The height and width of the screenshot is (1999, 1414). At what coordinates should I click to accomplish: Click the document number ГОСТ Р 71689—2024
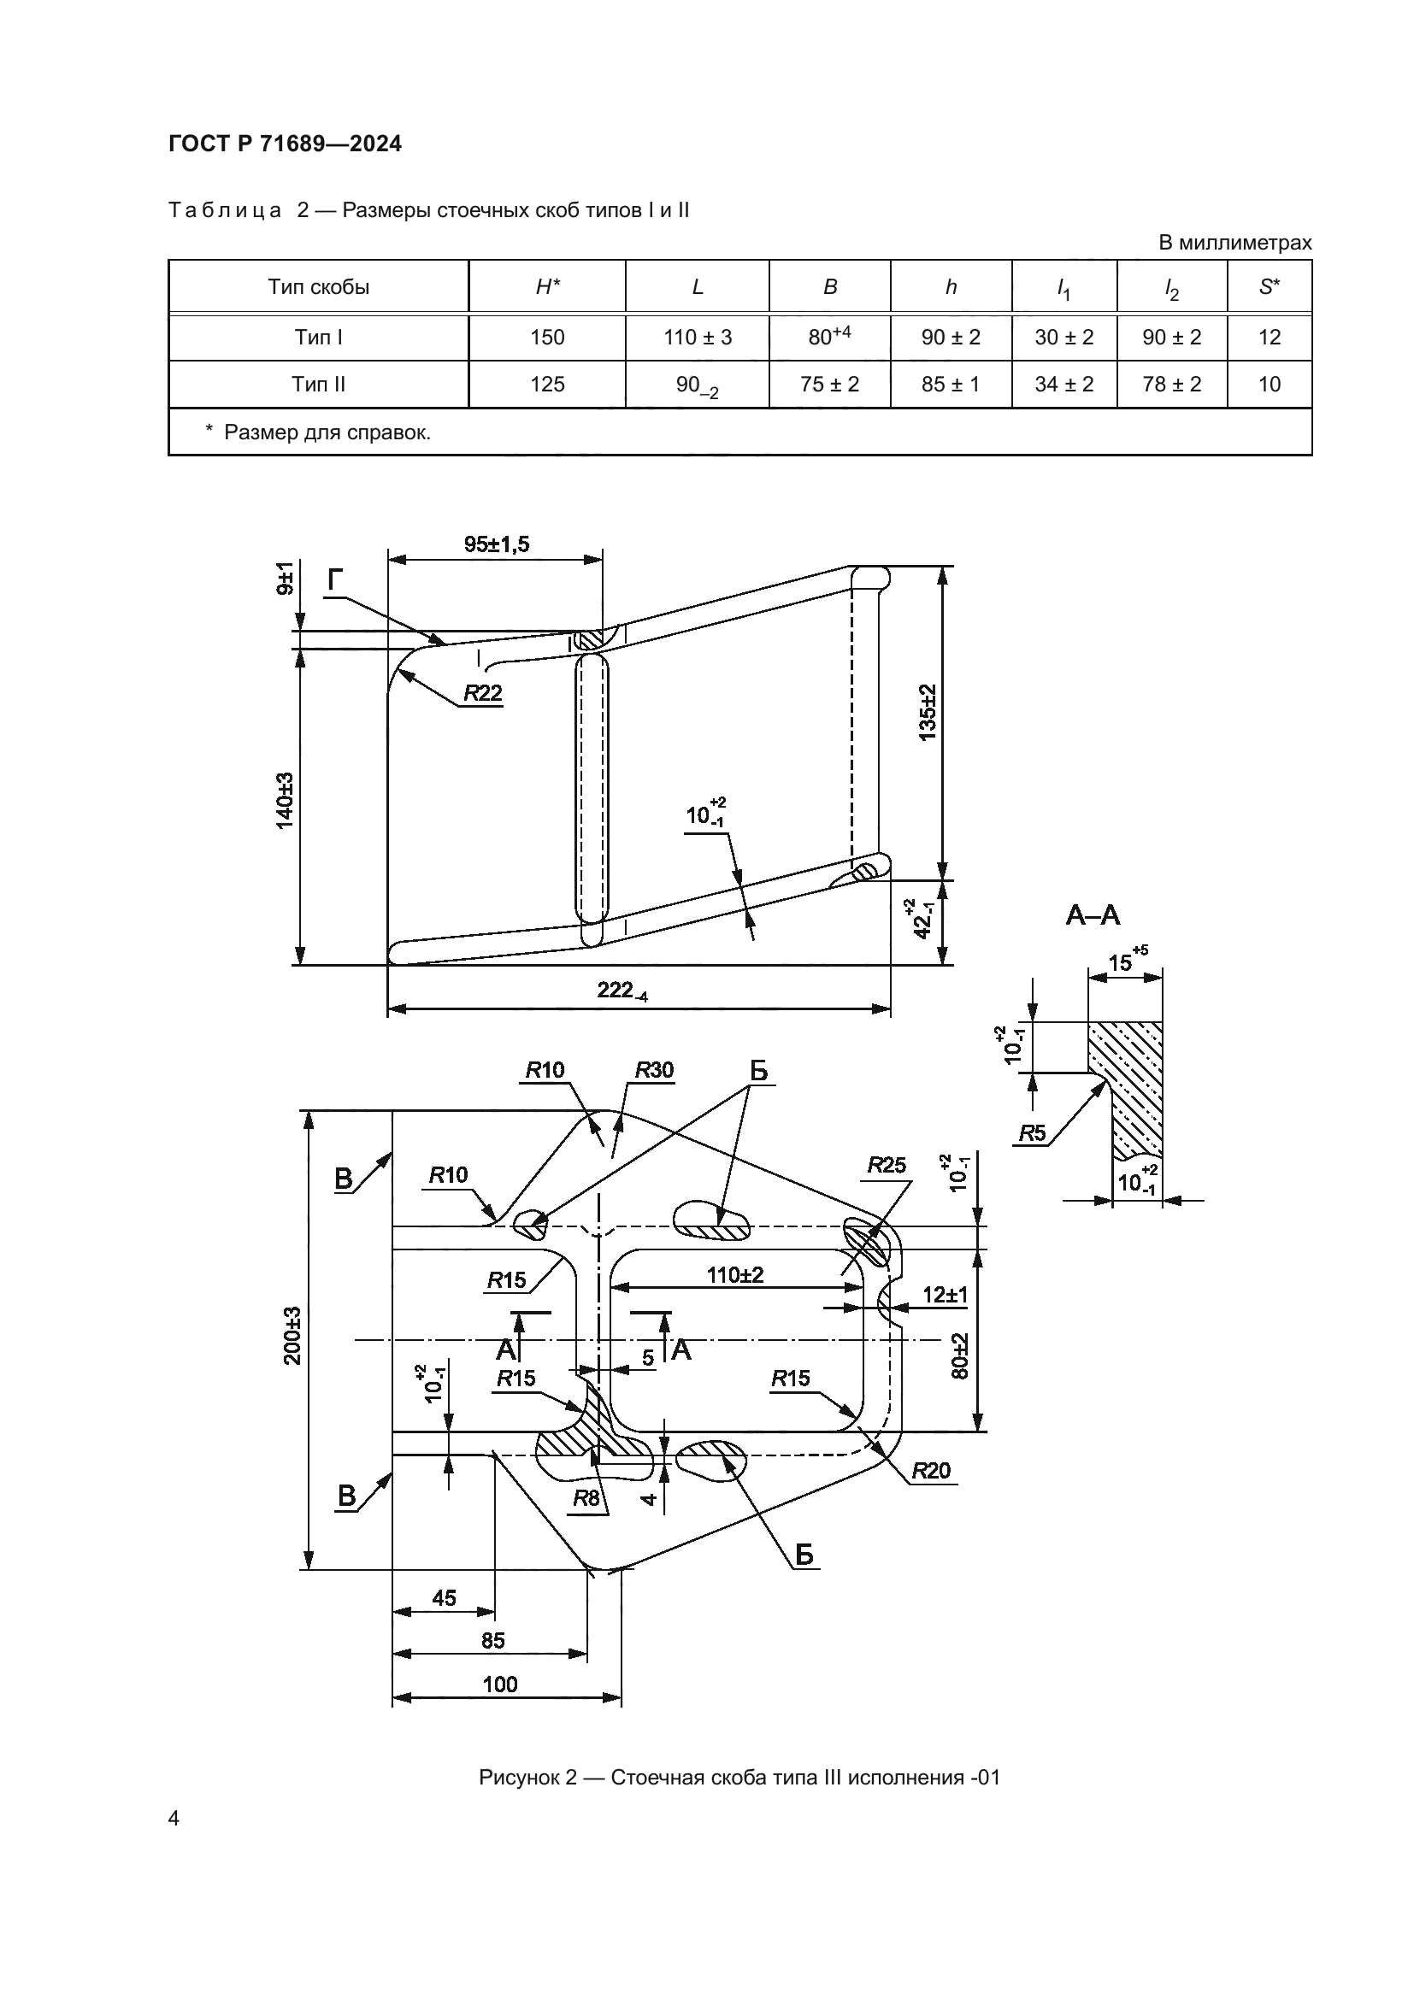pos(285,144)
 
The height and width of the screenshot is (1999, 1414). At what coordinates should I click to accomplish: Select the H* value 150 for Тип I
pos(547,337)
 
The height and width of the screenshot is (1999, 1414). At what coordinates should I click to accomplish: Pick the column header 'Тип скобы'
pos(318,287)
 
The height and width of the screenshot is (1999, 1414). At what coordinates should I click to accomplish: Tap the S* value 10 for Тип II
pos(1269,384)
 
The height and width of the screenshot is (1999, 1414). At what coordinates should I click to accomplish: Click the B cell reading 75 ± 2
pos(829,384)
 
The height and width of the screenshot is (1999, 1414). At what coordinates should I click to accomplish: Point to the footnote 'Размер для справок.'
pos(327,432)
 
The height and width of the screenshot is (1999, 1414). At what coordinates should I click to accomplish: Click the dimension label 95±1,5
pos(497,544)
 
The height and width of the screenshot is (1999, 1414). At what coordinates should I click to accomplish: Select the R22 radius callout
pos(482,693)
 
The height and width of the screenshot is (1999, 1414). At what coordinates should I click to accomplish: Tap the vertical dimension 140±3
pos(285,800)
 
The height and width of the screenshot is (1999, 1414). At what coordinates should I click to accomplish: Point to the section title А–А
pos(1093,915)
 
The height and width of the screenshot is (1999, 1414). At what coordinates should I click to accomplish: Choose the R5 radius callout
pos(1032,1132)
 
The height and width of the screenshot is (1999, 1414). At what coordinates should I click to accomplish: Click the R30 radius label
pos(654,1070)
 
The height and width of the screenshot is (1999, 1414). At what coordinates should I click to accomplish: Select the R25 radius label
pos(887,1165)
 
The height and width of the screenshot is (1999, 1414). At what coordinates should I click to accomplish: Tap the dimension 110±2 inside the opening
pos(735,1275)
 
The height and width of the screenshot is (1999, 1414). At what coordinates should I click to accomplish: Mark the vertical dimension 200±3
pos(292,1336)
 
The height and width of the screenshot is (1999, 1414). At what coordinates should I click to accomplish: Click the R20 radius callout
pos(931,1471)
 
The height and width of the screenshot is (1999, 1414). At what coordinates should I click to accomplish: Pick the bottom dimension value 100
pos(500,1684)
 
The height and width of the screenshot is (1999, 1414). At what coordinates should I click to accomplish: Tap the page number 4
pos(174,1818)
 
